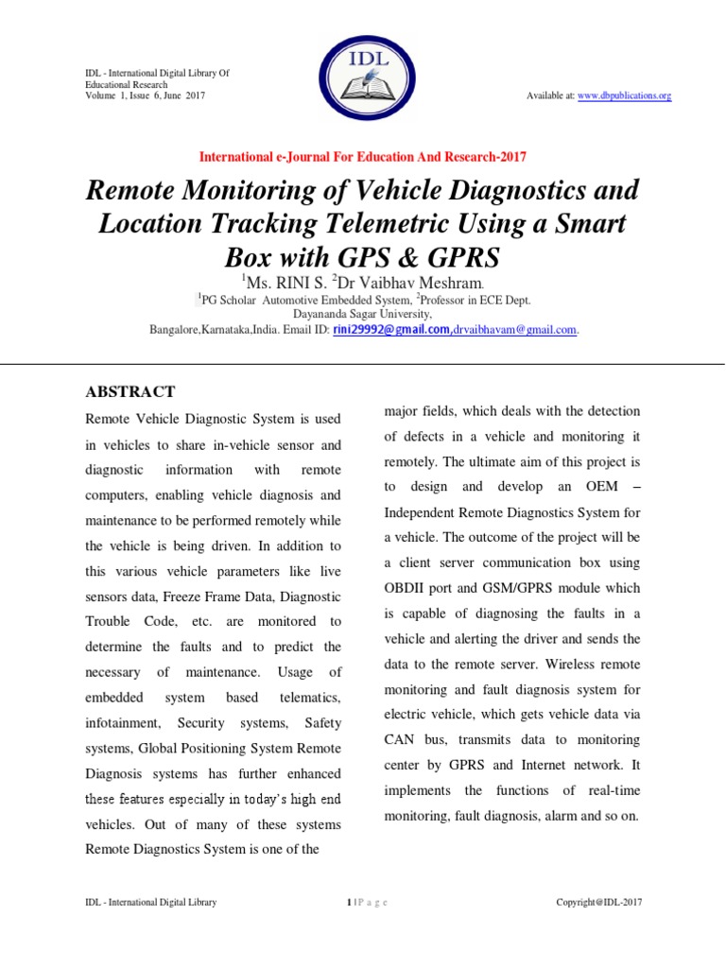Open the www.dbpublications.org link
[624, 96]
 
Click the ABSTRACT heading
[130, 391]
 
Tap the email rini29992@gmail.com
[391, 329]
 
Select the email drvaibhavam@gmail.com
[515, 329]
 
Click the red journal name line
[363, 157]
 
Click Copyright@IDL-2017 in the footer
[598, 902]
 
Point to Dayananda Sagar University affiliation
[363, 314]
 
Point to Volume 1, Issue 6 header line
[144, 96]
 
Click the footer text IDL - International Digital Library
[150, 902]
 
